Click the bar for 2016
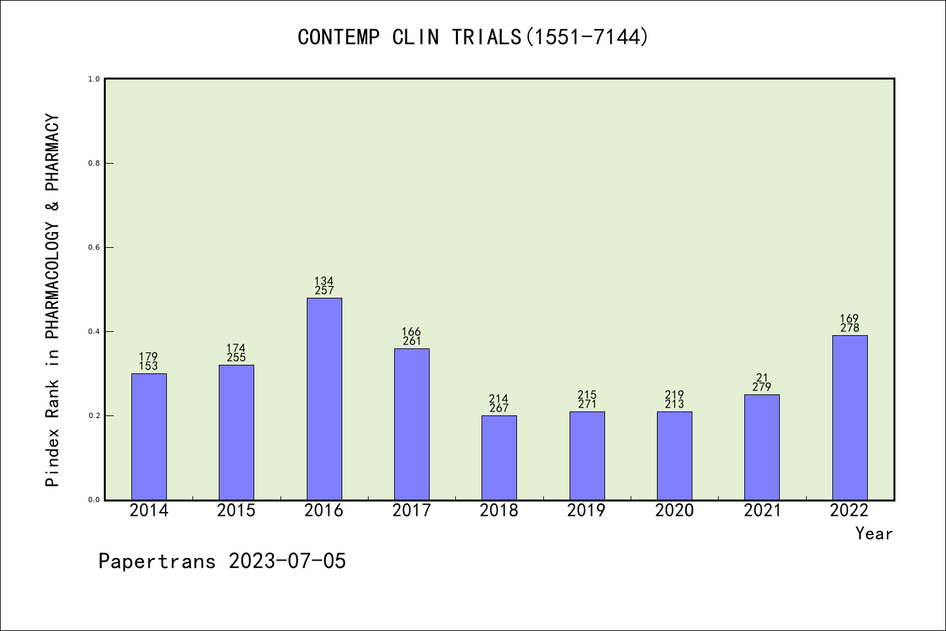coord(324,398)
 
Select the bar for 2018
coord(499,457)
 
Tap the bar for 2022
coord(849,417)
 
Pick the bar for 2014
coord(149,436)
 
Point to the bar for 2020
coord(675,456)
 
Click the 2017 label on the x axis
coord(411,511)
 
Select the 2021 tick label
coord(762,511)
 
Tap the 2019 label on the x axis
coord(587,511)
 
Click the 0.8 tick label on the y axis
coord(94,163)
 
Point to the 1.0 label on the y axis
coord(94,79)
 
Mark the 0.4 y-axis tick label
coord(94,331)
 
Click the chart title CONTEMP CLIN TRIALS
coord(473,37)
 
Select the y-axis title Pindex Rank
coord(53,300)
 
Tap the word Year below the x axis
coord(874,534)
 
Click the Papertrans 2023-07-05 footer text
coord(222,561)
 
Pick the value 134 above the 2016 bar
coord(324,281)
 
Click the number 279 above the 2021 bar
coord(762,387)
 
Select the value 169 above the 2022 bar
coord(849,319)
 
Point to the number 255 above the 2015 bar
coord(236,358)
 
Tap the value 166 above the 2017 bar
coord(411,332)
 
